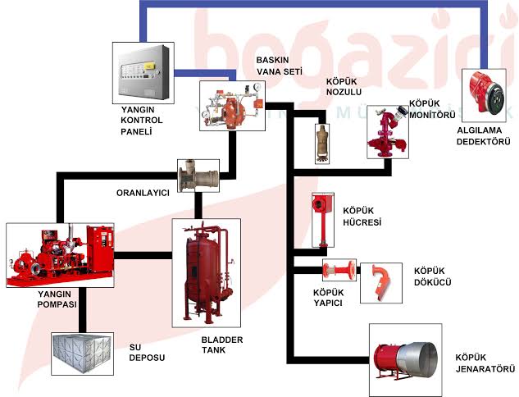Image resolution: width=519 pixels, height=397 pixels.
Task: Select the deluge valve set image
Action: coord(230,104)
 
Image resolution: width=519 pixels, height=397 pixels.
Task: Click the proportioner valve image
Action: coord(198,176)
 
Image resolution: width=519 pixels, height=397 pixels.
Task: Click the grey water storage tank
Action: coord(86,354)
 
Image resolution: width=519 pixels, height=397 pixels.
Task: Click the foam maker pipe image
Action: coord(336,270)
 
